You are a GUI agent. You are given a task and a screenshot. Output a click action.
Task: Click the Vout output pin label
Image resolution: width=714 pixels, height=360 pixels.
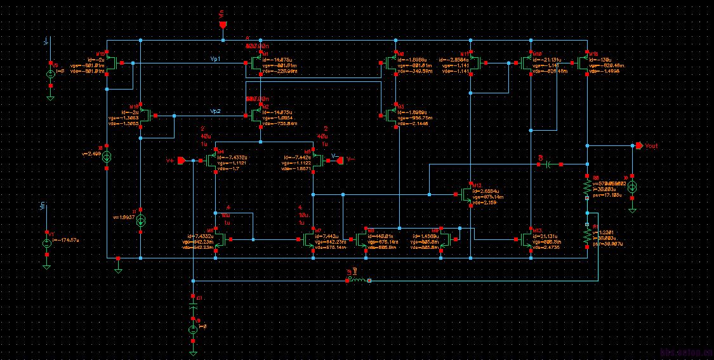pyautogui.click(x=651, y=146)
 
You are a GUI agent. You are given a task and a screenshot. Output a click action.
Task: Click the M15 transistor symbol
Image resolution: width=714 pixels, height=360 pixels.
pyautogui.click(x=112, y=63)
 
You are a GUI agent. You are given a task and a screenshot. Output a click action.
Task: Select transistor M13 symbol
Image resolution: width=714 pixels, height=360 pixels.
pyautogui.click(x=527, y=239)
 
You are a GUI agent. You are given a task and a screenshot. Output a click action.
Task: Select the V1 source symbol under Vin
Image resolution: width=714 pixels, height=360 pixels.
pyautogui.click(x=47, y=244)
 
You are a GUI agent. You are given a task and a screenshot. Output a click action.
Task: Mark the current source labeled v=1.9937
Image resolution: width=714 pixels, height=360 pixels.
pyautogui.click(x=141, y=220)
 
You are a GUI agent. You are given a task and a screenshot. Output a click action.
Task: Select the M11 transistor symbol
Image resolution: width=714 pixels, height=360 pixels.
pyautogui.click(x=473, y=63)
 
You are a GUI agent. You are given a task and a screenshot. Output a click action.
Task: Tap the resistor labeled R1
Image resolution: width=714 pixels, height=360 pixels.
pyautogui.click(x=587, y=236)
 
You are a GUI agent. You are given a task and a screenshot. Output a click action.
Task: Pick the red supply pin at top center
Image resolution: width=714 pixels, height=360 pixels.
pyautogui.click(x=223, y=25)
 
